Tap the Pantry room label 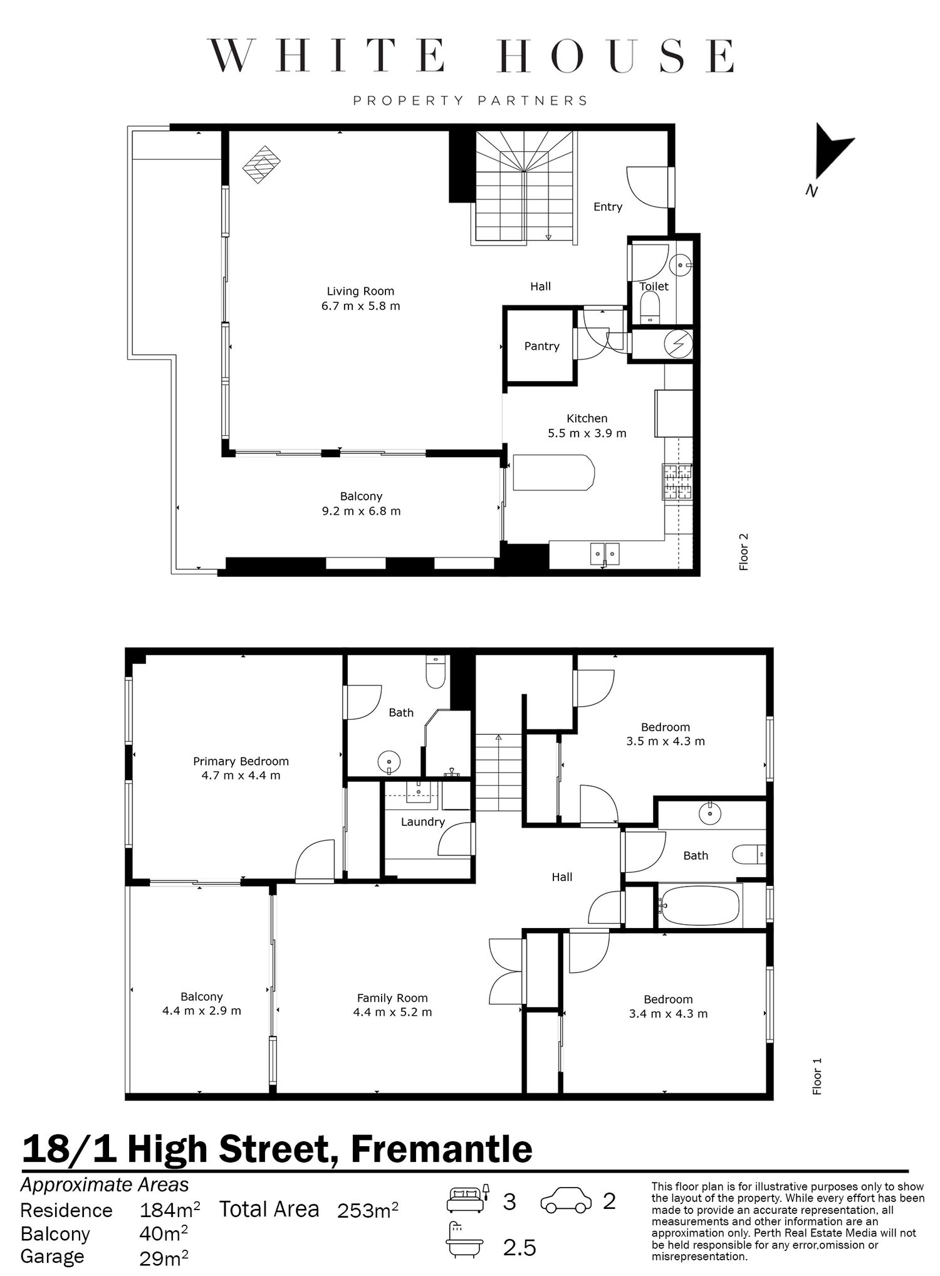point(541,346)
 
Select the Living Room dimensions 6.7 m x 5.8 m point(360,306)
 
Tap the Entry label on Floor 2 point(608,207)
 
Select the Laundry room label point(423,822)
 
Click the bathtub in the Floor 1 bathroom point(700,905)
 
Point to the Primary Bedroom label point(241,761)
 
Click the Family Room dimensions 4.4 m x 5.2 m point(392,1012)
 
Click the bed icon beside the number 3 point(468,1199)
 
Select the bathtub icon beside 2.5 point(466,1240)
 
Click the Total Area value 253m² point(367,1210)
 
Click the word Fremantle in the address point(441,1149)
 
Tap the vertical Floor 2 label point(744,552)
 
